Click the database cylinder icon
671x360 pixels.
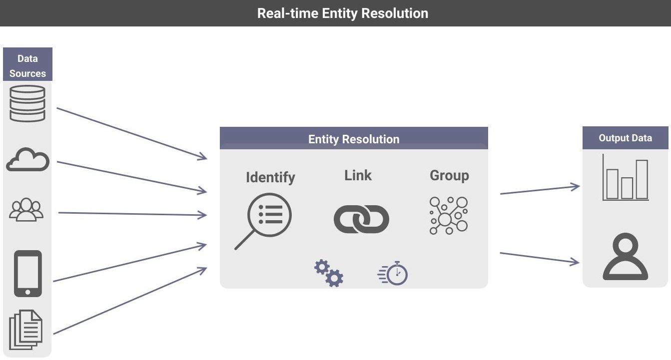pyautogui.click(x=27, y=103)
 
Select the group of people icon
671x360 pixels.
pyautogui.click(x=26, y=210)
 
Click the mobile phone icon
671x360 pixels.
pyautogui.click(x=27, y=274)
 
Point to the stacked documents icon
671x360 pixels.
pyautogui.click(x=26, y=330)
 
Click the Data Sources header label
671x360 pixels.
pyautogui.click(x=27, y=65)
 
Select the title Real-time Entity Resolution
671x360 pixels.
pyautogui.click(x=342, y=13)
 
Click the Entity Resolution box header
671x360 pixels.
pyautogui.click(x=354, y=139)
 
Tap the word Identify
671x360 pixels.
pyautogui.click(x=270, y=177)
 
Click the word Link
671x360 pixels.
pyautogui.click(x=358, y=175)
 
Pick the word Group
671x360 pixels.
pyautogui.click(x=449, y=175)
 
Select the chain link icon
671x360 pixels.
pyautogui.click(x=361, y=219)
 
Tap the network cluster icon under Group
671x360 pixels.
pyautogui.click(x=449, y=215)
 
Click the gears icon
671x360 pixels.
pyautogui.click(x=328, y=273)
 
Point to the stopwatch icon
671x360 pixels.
pyautogui.click(x=394, y=274)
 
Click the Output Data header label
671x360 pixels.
pyautogui.click(x=625, y=138)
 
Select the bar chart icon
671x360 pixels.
pyautogui.click(x=626, y=178)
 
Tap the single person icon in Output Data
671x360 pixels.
pyautogui.click(x=625, y=258)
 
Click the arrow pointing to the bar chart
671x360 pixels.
pyautogui.click(x=540, y=190)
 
